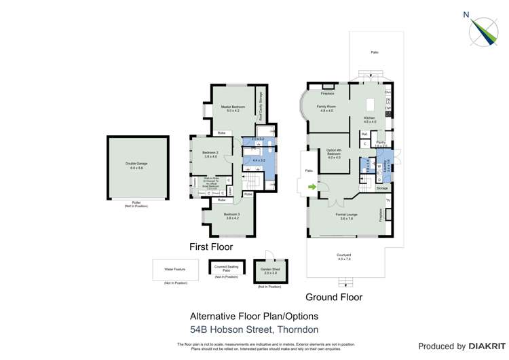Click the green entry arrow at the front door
click(312, 185)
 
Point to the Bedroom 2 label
click(210, 155)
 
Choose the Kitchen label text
click(369, 120)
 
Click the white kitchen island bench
click(370, 105)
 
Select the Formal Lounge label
click(346, 216)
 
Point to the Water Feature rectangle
click(175, 269)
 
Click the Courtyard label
click(344, 257)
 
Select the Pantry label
click(381, 143)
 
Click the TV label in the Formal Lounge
click(388, 202)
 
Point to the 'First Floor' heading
click(211, 247)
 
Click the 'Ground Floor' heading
click(333, 297)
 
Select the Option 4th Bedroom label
click(333, 155)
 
